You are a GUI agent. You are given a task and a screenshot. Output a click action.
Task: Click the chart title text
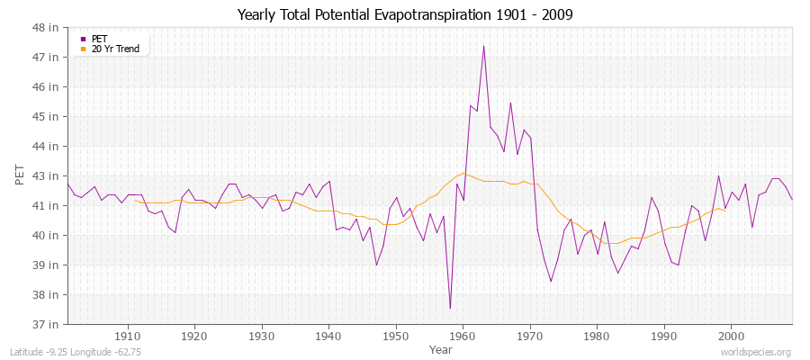pos(405,14)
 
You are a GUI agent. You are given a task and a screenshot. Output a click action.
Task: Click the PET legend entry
pos(99,39)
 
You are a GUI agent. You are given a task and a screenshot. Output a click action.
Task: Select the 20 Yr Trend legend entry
pos(115,49)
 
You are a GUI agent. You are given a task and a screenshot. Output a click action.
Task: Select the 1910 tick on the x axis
pos(127,336)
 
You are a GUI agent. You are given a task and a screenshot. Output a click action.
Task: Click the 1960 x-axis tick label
pos(463,336)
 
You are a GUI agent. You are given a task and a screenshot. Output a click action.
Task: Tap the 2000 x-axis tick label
pos(731,336)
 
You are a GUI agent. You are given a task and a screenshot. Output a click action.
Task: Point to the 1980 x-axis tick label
pos(597,336)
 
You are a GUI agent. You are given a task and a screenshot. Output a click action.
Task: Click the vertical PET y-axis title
pos(21,175)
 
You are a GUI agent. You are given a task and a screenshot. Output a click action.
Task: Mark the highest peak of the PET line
pos(483,46)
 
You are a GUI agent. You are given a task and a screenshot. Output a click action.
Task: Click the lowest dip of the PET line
pos(450,308)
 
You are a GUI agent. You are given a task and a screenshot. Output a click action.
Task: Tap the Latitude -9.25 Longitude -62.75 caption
pos(76,352)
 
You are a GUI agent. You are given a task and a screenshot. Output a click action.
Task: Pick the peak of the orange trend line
pos(463,173)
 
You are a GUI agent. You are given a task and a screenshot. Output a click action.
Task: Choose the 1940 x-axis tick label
pos(328,336)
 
